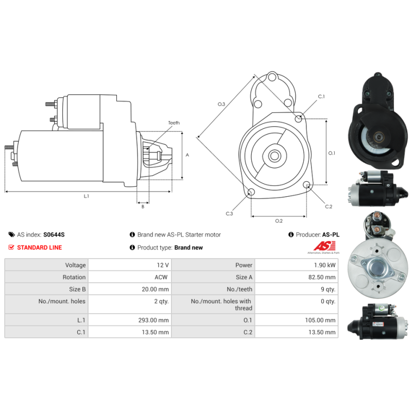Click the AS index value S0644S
coord(54,235)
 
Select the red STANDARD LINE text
coord(40,248)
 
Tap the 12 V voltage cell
coord(163,265)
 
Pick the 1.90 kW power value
coord(325,265)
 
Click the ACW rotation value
coord(161,277)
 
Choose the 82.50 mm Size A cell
coord(322,277)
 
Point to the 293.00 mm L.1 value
coord(153,320)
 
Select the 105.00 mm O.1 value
coord(320,320)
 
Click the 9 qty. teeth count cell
coord(328,289)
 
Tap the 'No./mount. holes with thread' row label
coord(221,304)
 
